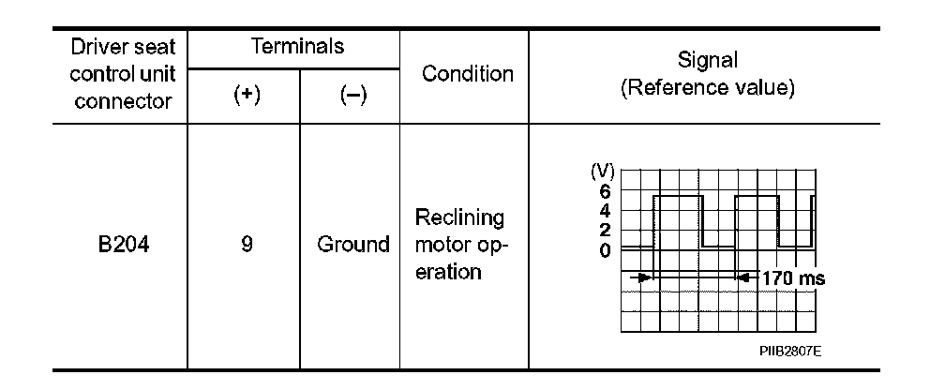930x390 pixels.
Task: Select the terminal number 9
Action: (245, 246)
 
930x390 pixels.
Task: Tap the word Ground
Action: (352, 246)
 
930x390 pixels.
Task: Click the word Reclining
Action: (461, 218)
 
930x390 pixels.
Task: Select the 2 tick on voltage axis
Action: (605, 230)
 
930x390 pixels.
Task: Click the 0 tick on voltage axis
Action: (605, 249)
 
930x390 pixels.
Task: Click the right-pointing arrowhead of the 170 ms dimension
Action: (643, 277)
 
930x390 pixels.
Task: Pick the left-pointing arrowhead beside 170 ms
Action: (742, 277)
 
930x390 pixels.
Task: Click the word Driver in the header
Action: (90, 47)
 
